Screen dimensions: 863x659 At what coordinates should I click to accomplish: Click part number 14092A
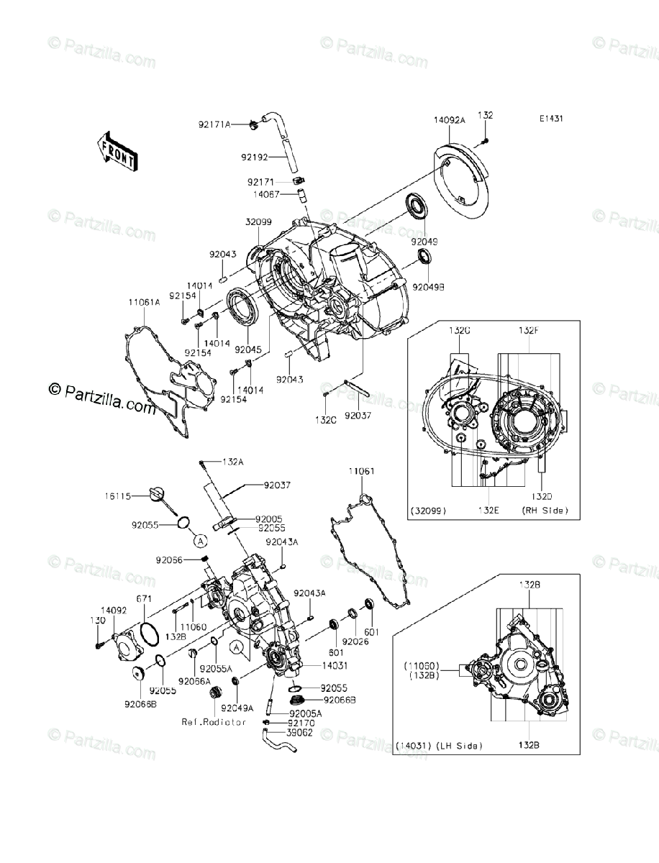(x=449, y=121)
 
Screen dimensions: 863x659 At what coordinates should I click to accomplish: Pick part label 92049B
(x=428, y=287)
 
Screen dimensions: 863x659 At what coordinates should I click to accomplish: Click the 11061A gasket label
(x=144, y=303)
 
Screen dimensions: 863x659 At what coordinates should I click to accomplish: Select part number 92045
(x=247, y=349)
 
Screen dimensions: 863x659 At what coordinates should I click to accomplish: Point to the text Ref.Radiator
(x=214, y=722)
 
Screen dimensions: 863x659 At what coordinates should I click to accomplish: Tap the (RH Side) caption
(x=545, y=510)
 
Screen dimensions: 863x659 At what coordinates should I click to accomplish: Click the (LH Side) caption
(x=458, y=745)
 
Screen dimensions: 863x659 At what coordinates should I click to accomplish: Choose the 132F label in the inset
(x=529, y=330)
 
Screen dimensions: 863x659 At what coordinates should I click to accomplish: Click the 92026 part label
(x=355, y=639)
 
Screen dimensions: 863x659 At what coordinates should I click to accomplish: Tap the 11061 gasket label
(x=362, y=471)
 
